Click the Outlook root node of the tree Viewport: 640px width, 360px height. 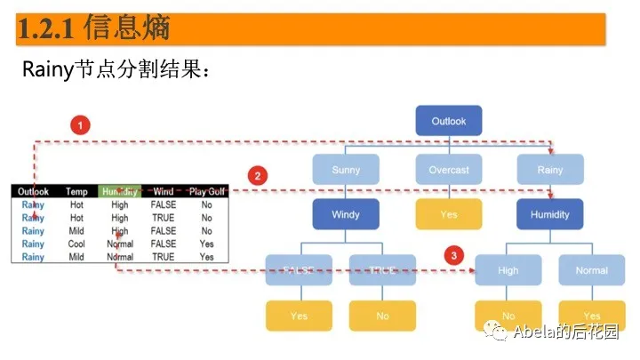click(x=449, y=121)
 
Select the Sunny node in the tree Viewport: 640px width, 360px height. click(x=346, y=169)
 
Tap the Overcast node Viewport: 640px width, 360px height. click(x=449, y=169)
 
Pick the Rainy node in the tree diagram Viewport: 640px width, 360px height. click(x=550, y=169)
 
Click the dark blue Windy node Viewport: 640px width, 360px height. click(x=346, y=214)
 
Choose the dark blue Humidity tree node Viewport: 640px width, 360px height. click(x=550, y=214)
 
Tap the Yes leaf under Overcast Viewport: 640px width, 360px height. click(x=449, y=214)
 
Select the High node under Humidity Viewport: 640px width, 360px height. click(x=508, y=270)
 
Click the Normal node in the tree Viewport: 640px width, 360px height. click(x=592, y=270)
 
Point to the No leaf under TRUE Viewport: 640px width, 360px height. click(x=382, y=316)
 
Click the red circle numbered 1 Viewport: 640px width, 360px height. click(x=82, y=125)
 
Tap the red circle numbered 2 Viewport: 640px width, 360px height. click(x=258, y=176)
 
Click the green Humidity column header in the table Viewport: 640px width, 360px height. click(x=119, y=191)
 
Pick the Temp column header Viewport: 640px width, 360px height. click(x=76, y=191)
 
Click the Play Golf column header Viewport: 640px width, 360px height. click(x=205, y=191)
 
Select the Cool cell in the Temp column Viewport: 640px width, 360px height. click(x=76, y=244)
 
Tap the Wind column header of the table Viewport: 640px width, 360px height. click(x=164, y=191)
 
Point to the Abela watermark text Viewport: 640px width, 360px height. click(x=552, y=332)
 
